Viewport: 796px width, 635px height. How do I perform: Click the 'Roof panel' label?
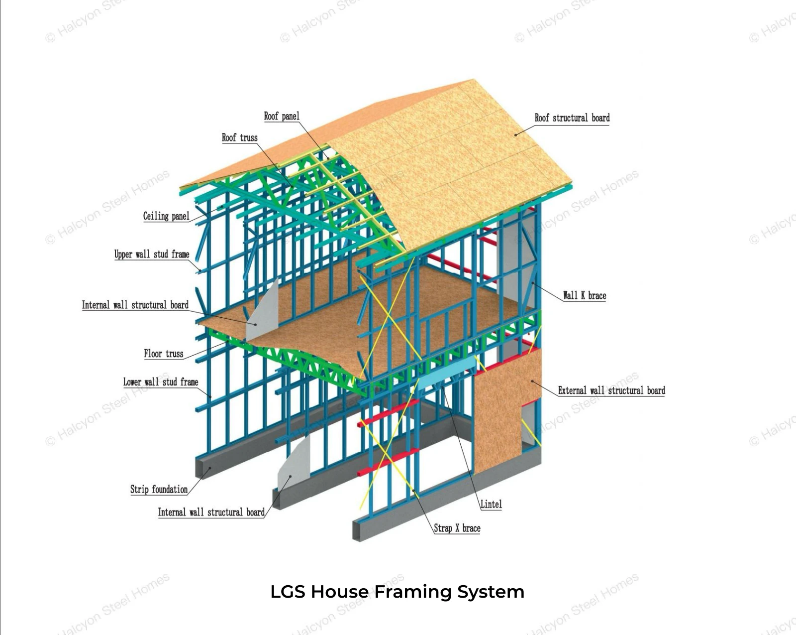pyautogui.click(x=282, y=116)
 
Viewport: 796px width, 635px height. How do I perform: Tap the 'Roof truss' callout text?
pyautogui.click(x=240, y=138)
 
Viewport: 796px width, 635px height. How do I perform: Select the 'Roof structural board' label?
pyautogui.click(x=572, y=118)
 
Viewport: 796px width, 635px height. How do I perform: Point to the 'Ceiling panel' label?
pyautogui.click(x=166, y=216)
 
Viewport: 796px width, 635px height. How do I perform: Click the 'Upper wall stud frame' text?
pyautogui.click(x=152, y=254)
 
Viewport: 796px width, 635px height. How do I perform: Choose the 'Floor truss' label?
pyautogui.click(x=164, y=354)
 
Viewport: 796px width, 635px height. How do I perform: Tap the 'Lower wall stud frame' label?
pyautogui.click(x=161, y=381)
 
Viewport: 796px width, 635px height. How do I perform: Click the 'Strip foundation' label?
pyautogui.click(x=159, y=489)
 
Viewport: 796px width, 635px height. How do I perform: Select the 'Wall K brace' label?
pyautogui.click(x=585, y=295)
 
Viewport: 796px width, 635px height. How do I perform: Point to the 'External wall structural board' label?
pyautogui.click(x=611, y=390)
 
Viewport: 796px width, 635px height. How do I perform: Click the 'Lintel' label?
pyautogui.click(x=491, y=504)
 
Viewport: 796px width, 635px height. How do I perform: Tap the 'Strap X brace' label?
pyautogui.click(x=457, y=528)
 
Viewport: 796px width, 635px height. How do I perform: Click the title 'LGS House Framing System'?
pyautogui.click(x=398, y=592)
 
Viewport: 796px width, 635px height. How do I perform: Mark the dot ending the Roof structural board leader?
pyautogui.click(x=515, y=135)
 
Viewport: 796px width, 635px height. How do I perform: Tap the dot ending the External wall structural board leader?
pyautogui.click(x=532, y=381)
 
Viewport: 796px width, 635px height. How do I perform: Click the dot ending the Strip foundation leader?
pyautogui.click(x=210, y=468)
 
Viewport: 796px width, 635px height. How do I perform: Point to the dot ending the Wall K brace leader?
pyautogui.click(x=533, y=283)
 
